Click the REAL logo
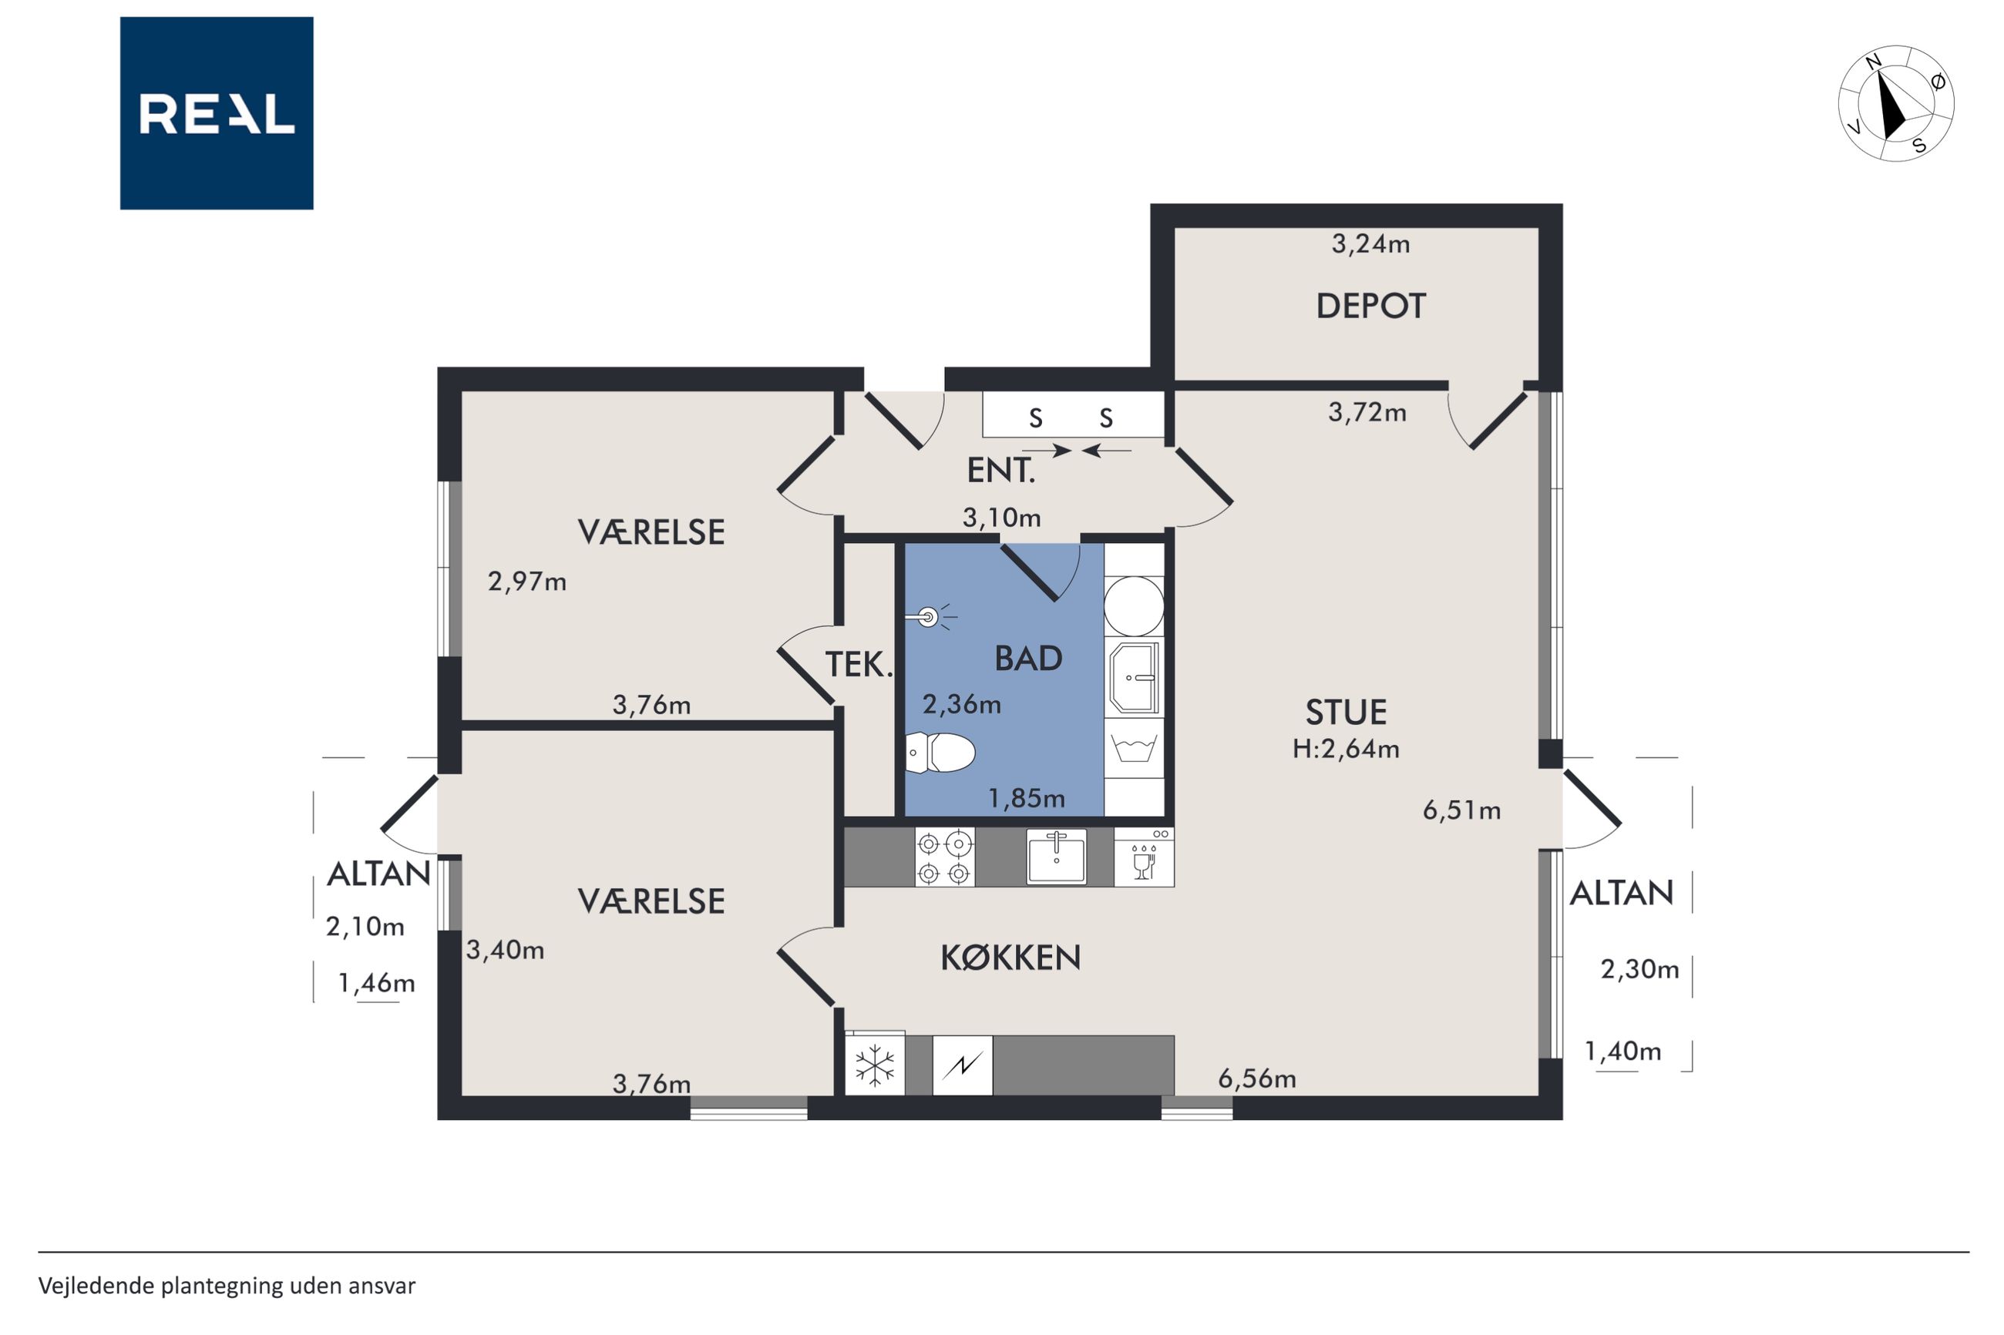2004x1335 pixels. [x=217, y=113]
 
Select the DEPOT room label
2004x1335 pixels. [x=1370, y=307]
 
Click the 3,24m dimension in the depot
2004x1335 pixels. [x=1370, y=244]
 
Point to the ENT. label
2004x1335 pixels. [x=1000, y=471]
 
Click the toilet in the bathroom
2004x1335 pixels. [x=940, y=753]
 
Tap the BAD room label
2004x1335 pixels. [x=1028, y=659]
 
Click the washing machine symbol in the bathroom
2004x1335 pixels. [x=1134, y=748]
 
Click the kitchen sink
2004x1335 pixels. [x=1056, y=857]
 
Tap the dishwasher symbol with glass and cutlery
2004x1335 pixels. [x=1144, y=858]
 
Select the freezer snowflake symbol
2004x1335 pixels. [x=875, y=1065]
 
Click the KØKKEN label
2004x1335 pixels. [x=1010, y=958]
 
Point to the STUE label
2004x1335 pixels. [x=1346, y=713]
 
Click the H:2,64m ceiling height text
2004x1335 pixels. [x=1346, y=750]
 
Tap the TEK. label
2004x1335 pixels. [x=859, y=665]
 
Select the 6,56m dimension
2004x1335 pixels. [x=1257, y=1079]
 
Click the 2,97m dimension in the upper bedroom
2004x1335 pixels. [x=527, y=582]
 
